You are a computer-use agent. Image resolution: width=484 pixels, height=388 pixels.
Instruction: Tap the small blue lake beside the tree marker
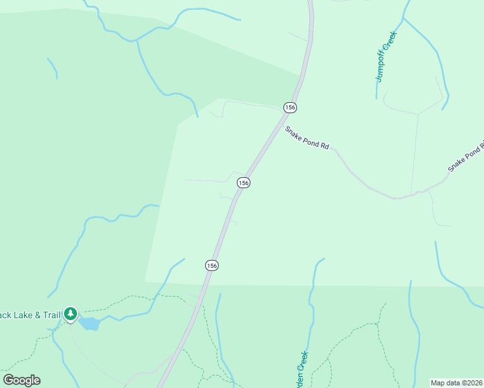pos(89,323)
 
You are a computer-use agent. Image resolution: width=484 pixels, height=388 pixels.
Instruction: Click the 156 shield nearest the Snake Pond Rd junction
pos(289,107)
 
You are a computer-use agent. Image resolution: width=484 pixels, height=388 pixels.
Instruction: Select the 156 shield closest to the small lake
pos(212,265)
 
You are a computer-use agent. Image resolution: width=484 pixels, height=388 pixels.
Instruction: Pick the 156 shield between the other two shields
pos(243,183)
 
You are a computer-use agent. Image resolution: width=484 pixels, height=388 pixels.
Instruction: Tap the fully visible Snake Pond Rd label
pos(307,138)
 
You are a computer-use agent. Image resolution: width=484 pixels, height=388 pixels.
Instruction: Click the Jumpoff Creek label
pos(386,57)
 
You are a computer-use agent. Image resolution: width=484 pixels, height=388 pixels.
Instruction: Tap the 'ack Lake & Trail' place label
pos(30,315)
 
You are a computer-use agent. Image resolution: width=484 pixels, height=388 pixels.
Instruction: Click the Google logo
pos(21,380)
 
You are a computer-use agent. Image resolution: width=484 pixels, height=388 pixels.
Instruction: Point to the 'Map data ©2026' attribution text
pos(457,382)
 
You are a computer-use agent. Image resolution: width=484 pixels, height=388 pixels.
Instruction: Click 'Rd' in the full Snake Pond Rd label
pos(325,147)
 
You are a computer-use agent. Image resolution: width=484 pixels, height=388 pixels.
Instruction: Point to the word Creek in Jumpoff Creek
pos(390,42)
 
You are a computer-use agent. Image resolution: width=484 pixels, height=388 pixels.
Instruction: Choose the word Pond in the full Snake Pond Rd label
pos(310,139)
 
